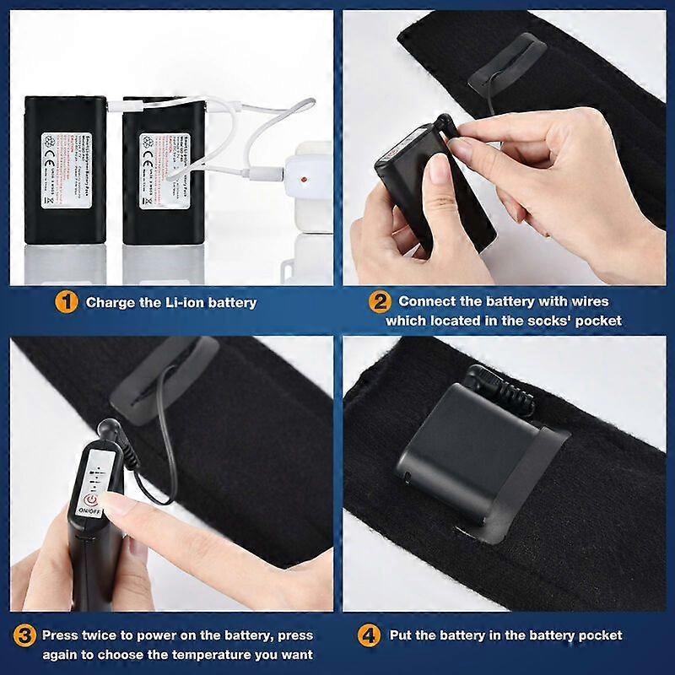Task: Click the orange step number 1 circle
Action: point(67,301)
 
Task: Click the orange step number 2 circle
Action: point(380,301)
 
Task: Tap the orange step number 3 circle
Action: point(25,634)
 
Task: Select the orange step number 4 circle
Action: point(370,634)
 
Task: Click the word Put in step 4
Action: point(401,635)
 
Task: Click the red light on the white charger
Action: point(300,179)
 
